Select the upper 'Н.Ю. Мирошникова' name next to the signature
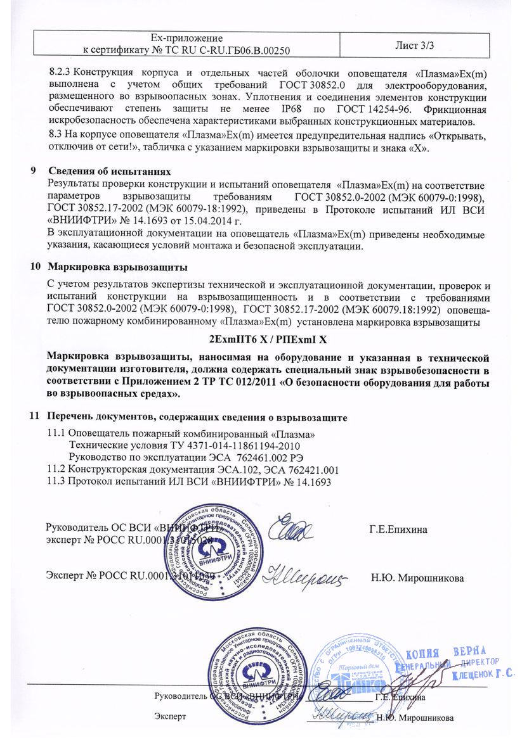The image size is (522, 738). pyautogui.click(x=417, y=578)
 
